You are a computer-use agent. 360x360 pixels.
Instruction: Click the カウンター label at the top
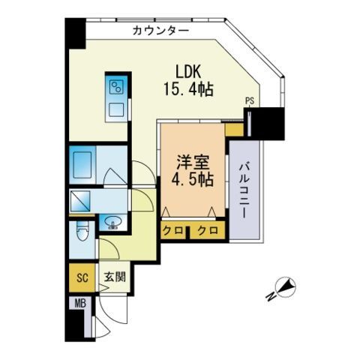pos(160,31)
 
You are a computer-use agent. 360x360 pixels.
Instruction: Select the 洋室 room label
pos(193,163)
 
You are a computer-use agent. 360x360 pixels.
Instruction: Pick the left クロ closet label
pos(172,230)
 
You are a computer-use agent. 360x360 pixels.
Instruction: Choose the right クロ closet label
pos(208,230)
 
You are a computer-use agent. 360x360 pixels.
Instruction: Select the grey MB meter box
pos(78,304)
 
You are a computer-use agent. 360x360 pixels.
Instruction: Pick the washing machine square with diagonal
pos(81,200)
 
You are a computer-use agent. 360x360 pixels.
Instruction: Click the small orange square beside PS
pos(234,130)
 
